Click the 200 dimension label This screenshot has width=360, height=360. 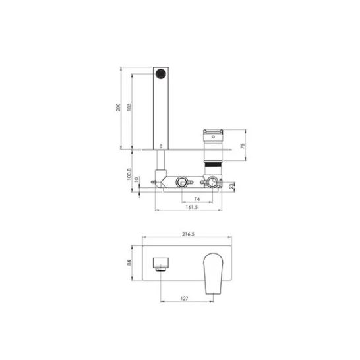[x=118, y=107]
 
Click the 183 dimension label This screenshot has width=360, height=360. [x=129, y=107]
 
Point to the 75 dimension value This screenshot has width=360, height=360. [x=243, y=146]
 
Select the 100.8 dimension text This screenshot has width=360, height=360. [x=129, y=174]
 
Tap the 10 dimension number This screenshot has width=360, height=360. [x=136, y=179]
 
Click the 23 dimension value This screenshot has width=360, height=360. [x=232, y=186]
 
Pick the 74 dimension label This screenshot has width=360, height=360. [x=196, y=199]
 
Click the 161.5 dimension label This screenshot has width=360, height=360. [x=191, y=207]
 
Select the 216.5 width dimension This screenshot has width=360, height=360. [x=188, y=234]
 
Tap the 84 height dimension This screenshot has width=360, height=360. [x=129, y=263]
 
